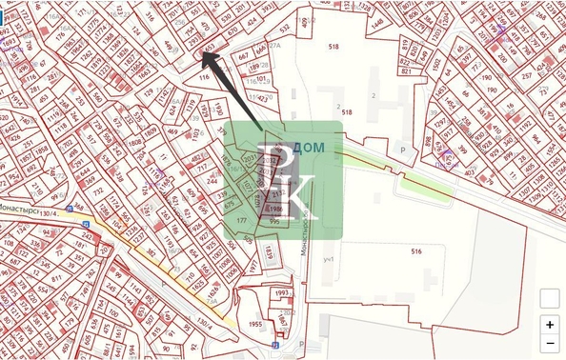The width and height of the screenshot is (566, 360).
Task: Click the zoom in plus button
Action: point(550,324)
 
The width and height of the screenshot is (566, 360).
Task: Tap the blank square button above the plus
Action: point(550,298)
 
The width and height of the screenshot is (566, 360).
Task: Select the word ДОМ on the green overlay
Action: point(308,148)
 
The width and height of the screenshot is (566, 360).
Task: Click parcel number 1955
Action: point(255,325)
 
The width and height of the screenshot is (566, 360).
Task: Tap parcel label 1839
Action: point(269,251)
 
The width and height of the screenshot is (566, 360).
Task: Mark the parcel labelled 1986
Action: point(275,208)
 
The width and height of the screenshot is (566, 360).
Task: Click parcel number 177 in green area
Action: point(241,220)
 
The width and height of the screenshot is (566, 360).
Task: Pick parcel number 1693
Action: point(8,43)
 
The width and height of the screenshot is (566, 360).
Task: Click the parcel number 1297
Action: point(440,122)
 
